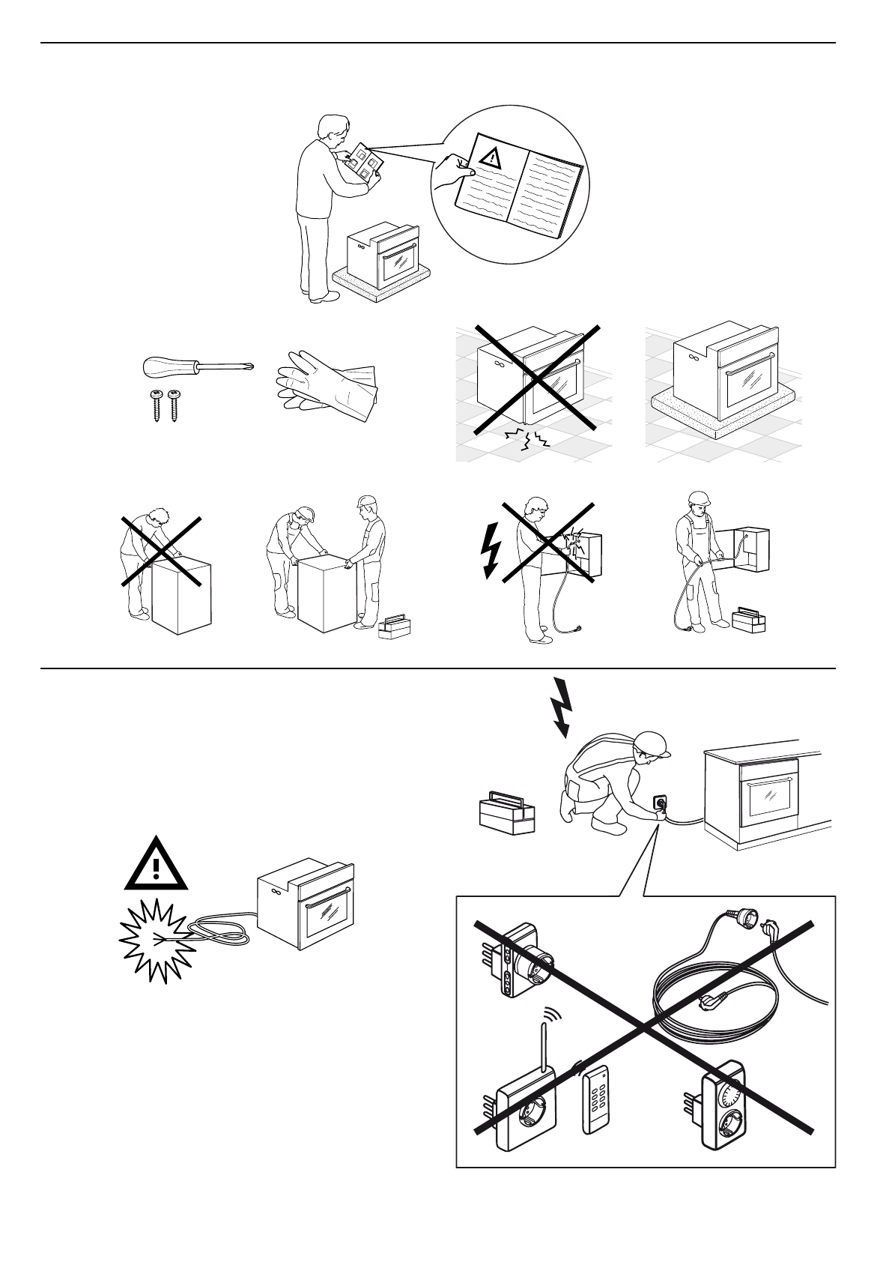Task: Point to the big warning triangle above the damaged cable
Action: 156,864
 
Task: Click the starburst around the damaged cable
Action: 159,941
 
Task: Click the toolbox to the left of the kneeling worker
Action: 507,814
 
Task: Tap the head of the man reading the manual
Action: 333,130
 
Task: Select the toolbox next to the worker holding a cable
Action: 748,619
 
